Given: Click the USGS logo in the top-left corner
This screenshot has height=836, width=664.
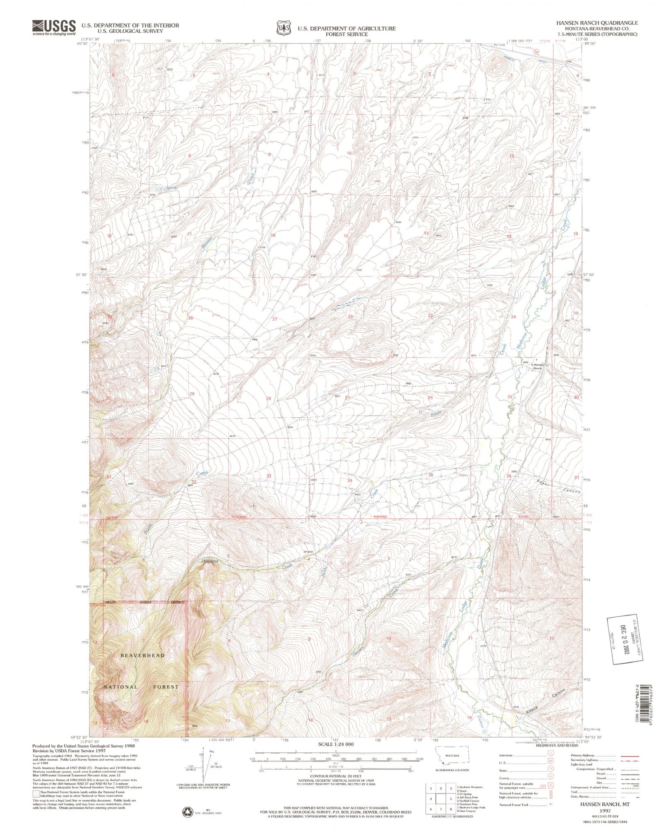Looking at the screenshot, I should (54, 27).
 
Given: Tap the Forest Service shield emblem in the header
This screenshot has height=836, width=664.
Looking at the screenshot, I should (283, 28).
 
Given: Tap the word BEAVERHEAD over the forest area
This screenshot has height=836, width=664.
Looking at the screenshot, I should (142, 655).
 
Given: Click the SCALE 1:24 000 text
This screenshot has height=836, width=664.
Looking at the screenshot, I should (336, 744).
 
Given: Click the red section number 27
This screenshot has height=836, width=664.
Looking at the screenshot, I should (347, 398).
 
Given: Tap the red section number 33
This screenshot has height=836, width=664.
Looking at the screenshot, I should (269, 476).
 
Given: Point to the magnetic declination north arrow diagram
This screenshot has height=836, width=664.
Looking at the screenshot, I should (205, 768).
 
